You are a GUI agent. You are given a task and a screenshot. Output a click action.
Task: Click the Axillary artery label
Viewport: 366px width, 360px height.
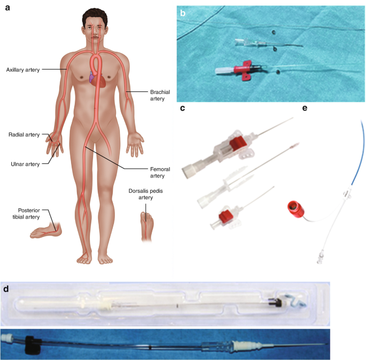[22, 69]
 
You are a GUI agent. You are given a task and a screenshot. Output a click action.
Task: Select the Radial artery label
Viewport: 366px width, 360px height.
[24, 135]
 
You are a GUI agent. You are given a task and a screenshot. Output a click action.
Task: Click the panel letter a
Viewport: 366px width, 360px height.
[7, 10]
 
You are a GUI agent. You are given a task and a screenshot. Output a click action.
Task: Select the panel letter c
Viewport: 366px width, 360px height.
[183, 108]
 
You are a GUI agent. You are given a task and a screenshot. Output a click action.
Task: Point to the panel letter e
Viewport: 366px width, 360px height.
[305, 108]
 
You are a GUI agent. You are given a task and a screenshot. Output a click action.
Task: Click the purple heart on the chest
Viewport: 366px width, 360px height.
[91, 80]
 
